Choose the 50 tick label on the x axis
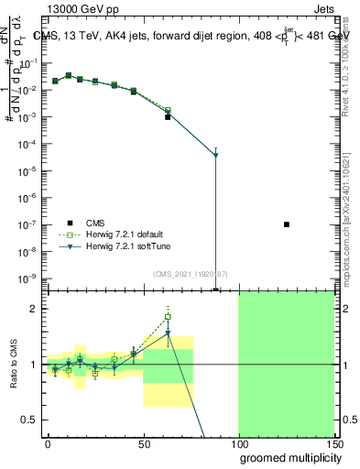point(143,442)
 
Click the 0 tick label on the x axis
point(48,442)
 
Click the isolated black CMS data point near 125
point(287,224)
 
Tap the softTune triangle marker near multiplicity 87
point(215,155)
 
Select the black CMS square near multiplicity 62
point(168,117)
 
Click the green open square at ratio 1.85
point(168,317)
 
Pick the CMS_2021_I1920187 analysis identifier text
point(189,274)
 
